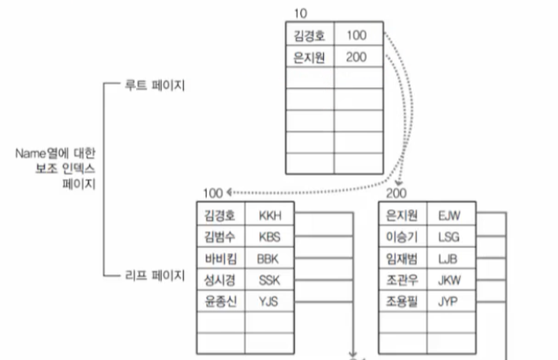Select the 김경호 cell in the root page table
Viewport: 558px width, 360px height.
tap(308, 36)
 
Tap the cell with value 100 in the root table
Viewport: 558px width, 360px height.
tap(357, 36)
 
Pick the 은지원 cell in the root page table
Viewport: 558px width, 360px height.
tap(308, 57)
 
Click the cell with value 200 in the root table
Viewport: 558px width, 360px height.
tap(357, 57)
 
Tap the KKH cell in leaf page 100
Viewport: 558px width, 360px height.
tap(269, 215)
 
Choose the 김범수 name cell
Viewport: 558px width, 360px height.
tap(220, 236)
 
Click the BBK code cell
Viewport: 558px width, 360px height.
tap(268, 259)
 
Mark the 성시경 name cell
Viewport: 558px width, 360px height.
tap(220, 280)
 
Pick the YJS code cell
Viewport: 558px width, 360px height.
tap(268, 301)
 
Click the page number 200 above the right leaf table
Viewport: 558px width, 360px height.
tap(396, 193)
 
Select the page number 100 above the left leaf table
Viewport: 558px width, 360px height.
tap(212, 193)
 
